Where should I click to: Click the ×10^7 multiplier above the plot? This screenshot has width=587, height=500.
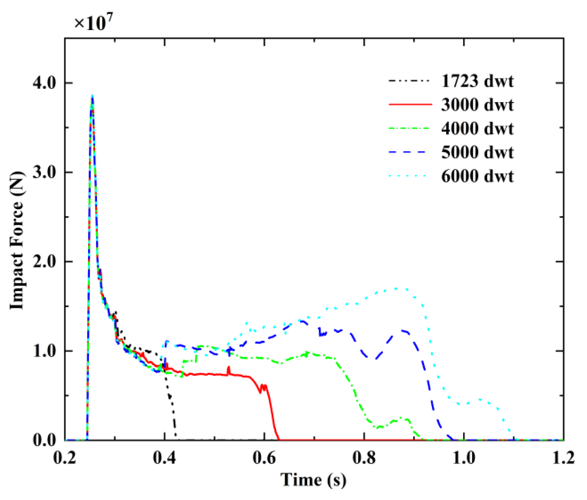tap(93, 23)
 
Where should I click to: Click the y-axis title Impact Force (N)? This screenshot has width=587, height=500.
tap(17, 240)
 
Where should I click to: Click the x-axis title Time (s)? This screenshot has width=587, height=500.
tap(313, 480)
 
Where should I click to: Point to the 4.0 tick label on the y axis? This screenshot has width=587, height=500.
tap(44, 83)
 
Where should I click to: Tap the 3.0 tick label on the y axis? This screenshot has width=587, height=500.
tap(44, 172)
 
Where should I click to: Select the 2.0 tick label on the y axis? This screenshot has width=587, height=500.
tap(44, 262)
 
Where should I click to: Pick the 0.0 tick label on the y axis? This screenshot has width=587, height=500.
tap(44, 440)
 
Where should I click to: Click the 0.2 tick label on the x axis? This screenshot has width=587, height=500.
tap(65, 457)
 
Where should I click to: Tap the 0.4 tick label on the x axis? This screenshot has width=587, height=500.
tap(164, 457)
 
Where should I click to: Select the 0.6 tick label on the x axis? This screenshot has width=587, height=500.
tap(264, 457)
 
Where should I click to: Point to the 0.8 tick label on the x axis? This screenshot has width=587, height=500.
tap(364, 457)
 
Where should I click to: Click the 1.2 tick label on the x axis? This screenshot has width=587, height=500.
tap(563, 457)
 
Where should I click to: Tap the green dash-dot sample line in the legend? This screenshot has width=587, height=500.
tap(409, 128)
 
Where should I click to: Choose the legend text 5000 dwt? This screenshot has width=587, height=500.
tap(477, 152)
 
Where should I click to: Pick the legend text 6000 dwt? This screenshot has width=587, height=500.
tap(477, 176)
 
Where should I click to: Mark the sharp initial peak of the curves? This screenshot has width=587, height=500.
tap(92, 97)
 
